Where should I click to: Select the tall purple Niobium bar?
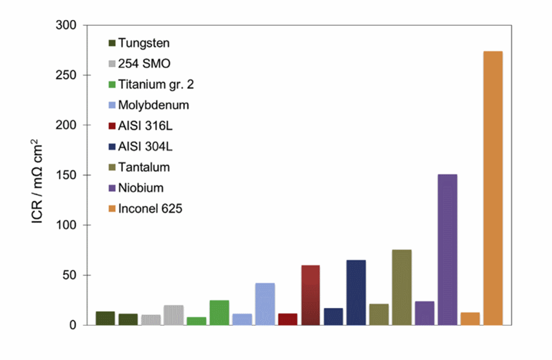[x=447, y=250]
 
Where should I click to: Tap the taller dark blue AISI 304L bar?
[x=356, y=292]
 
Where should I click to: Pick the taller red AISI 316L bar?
[x=310, y=295]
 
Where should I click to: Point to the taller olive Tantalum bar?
[x=402, y=287]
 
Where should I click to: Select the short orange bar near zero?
[x=470, y=319]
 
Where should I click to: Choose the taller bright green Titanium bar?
[x=219, y=312]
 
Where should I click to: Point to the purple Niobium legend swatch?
[x=112, y=189]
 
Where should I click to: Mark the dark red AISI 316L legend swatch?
[x=112, y=126]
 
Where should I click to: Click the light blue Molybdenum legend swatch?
[x=112, y=106]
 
